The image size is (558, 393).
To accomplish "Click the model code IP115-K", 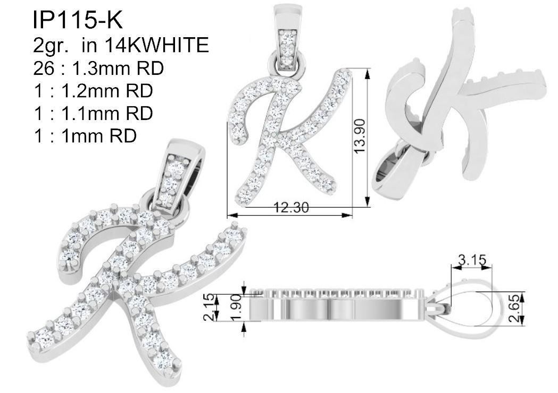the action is pos(78,20).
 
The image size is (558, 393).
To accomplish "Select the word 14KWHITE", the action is pos(156,45).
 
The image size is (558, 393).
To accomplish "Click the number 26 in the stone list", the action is pos(44,68).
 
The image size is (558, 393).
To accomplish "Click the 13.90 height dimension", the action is pos(359,136).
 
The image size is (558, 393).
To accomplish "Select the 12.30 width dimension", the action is pos(292,207).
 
